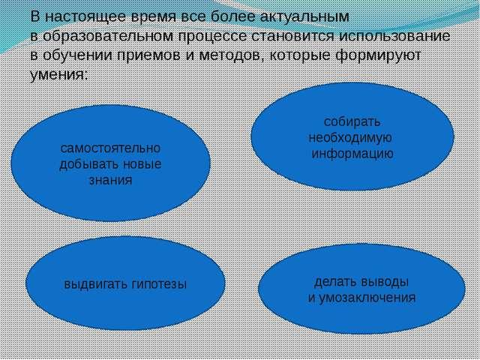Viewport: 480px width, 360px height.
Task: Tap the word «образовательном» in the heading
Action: click(107, 36)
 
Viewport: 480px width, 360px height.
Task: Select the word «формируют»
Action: click(378, 55)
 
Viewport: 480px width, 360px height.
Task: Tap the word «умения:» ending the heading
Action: click(59, 75)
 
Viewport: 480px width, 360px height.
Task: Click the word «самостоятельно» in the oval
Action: click(110, 148)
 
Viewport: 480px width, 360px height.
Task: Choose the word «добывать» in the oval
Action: click(88, 164)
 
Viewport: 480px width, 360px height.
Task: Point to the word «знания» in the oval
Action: click(111, 180)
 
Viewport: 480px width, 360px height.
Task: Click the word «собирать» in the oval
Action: click(352, 121)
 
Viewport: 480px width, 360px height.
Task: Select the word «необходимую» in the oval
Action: click(350, 138)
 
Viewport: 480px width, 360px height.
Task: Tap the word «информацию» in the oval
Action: click(352, 154)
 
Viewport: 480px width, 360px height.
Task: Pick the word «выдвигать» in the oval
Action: click(95, 284)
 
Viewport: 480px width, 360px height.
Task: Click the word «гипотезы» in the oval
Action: click(160, 284)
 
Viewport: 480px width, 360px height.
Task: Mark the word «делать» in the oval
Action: click(334, 282)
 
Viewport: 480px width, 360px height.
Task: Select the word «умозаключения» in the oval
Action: click(367, 298)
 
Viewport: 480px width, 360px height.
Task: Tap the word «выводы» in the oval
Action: click(385, 282)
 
